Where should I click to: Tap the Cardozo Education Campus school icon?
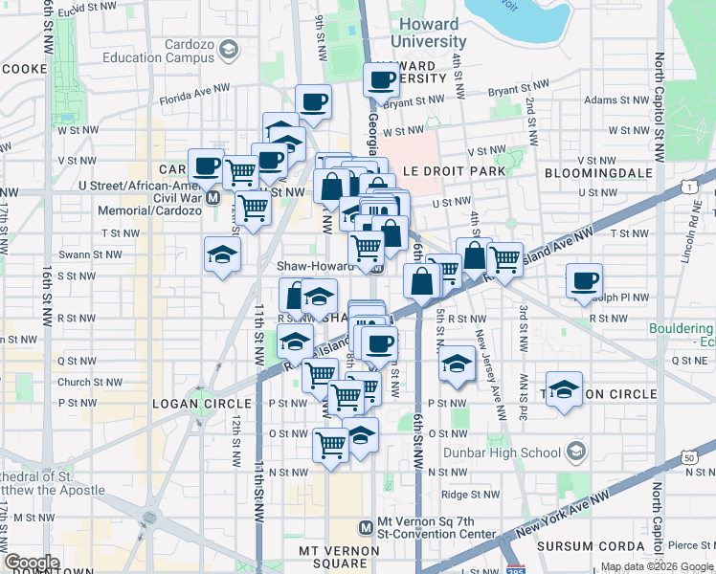(x=228, y=49)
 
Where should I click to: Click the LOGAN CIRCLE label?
(x=202, y=404)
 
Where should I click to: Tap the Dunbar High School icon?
(x=575, y=451)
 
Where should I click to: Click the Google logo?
(x=32, y=563)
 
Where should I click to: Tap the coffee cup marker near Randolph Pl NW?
(x=584, y=281)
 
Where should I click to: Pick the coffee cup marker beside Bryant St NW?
(x=382, y=79)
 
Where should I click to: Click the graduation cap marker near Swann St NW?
(x=222, y=254)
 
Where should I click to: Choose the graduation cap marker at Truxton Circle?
(x=565, y=389)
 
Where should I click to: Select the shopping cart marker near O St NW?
(x=330, y=443)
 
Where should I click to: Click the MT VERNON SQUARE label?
(x=341, y=551)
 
